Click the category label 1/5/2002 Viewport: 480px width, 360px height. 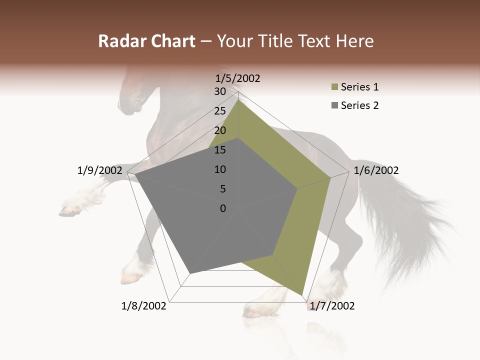238,78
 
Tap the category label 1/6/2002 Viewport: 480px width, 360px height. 376,170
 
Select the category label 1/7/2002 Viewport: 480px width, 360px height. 332,306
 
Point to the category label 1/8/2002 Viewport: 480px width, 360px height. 144,306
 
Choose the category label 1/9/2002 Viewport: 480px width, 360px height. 99,170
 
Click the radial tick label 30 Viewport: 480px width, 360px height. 220,91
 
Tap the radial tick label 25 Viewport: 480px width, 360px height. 220,111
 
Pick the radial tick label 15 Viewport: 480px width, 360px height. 220,150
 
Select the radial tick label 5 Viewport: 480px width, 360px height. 222,189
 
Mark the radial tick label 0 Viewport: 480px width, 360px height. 223,208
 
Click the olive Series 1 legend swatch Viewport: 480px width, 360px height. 333,87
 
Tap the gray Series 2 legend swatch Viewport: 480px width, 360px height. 333,105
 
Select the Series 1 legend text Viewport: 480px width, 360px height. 360,87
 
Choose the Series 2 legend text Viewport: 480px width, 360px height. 360,105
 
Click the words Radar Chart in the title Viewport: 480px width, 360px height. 146,41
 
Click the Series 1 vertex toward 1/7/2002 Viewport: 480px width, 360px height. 303,295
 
